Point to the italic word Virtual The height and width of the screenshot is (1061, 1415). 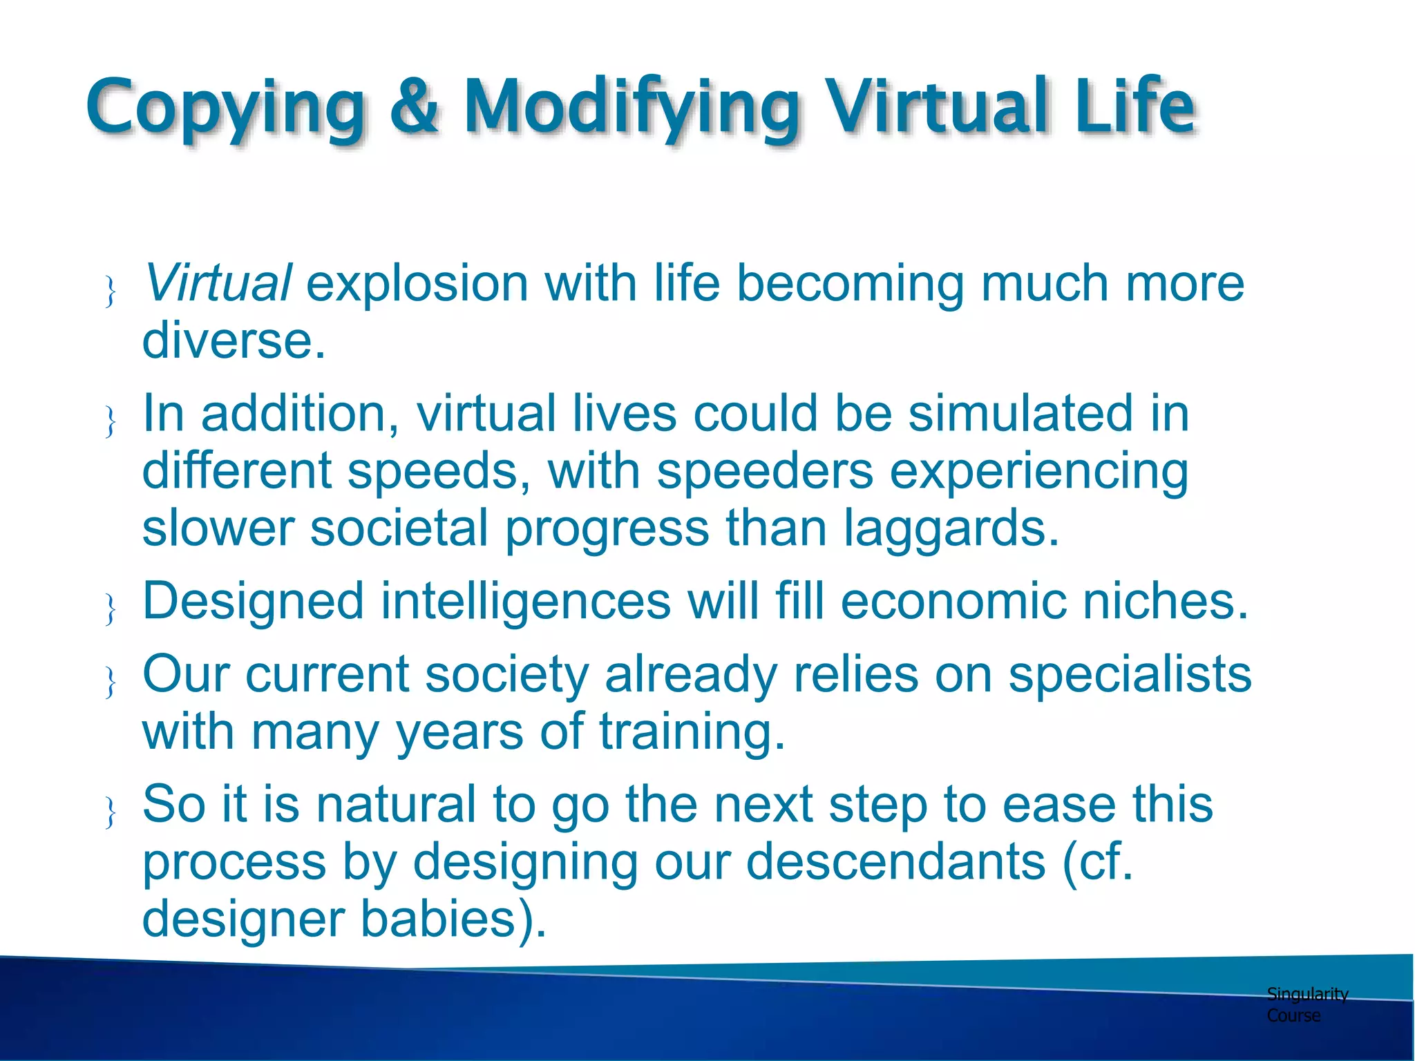click(218, 283)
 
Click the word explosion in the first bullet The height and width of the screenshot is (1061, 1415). click(417, 283)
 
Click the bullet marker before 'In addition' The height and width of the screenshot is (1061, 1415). click(110, 421)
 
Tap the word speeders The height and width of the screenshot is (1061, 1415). click(764, 472)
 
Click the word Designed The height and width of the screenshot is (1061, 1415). click(253, 601)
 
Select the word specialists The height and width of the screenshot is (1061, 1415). click(1129, 675)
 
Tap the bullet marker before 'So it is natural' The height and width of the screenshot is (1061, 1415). click(110, 811)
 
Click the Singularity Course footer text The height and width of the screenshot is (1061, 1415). click(1306, 1004)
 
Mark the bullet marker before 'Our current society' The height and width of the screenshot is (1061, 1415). click(110, 682)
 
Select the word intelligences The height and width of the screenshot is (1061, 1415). click(525, 601)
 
